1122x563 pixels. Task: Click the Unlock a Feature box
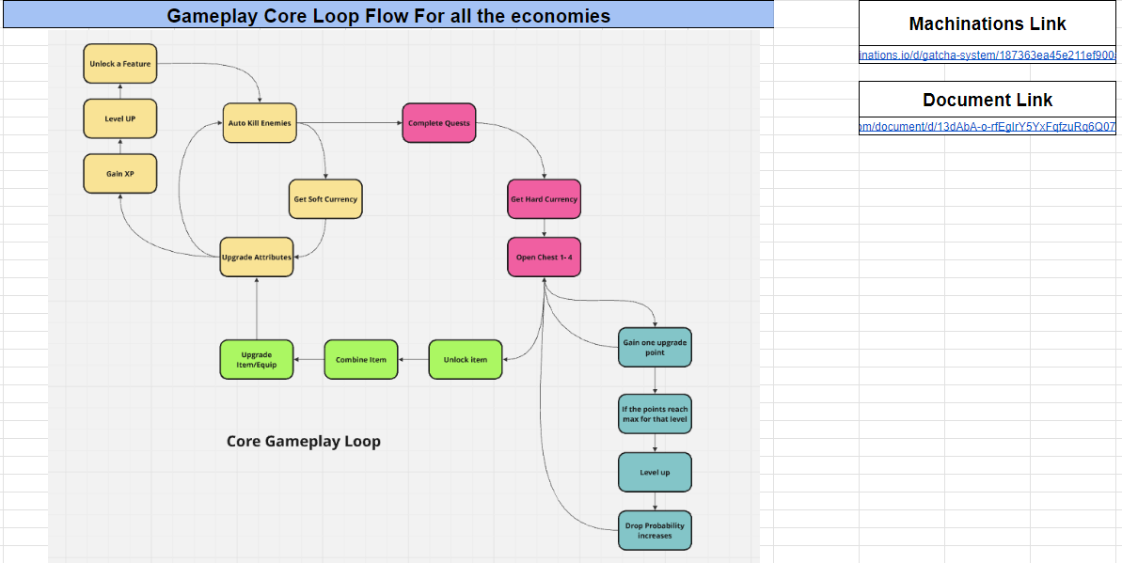pos(119,64)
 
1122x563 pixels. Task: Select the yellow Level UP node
pos(119,119)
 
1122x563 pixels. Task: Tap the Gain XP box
pos(119,174)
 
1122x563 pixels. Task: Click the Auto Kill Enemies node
pos(260,123)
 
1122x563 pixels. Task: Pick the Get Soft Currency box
pos(325,199)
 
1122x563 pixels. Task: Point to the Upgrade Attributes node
pos(257,257)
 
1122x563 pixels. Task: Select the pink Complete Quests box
pos(439,123)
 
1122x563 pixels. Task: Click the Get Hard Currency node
pos(544,199)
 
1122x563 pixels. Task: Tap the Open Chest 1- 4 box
pos(544,257)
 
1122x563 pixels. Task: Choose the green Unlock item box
pos(466,359)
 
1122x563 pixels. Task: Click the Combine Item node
pos(360,359)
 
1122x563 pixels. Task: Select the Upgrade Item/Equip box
pos(257,359)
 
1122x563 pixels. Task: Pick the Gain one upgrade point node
pos(655,348)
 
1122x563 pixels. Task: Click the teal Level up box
pos(655,472)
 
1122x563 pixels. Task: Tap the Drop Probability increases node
pos(655,530)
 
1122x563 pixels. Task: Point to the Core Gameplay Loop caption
pos(304,441)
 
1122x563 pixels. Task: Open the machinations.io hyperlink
pos(988,56)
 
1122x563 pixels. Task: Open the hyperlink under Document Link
pos(988,127)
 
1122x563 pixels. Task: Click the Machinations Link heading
pos(988,24)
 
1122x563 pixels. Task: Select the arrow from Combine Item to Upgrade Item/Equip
pos(308,359)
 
